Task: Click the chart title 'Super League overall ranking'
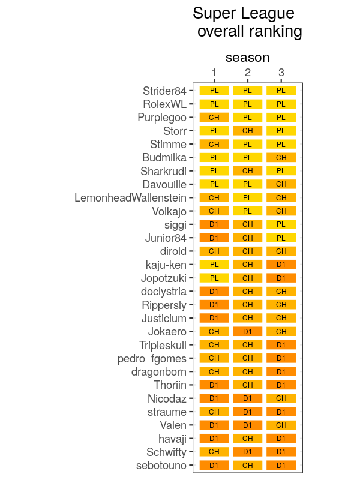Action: point(247,22)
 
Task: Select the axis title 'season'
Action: point(247,58)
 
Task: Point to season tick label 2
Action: point(248,73)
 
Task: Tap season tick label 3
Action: point(281,73)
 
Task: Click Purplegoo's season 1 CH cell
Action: point(214,118)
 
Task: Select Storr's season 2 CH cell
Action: point(248,131)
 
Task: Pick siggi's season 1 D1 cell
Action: point(214,224)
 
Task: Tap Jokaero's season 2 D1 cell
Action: point(248,332)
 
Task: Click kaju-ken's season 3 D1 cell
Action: point(281,265)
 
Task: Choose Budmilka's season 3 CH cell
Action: point(281,158)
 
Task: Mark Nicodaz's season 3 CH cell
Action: point(281,398)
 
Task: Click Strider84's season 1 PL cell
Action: point(214,91)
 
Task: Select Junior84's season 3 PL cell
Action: point(281,238)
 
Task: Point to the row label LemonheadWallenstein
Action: point(130,198)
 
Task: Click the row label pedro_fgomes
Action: point(152,359)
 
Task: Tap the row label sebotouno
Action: point(161,466)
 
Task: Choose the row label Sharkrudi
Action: point(163,171)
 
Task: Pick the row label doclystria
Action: point(163,292)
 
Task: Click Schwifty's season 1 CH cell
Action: point(214,452)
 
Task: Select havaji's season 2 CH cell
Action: point(248,439)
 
